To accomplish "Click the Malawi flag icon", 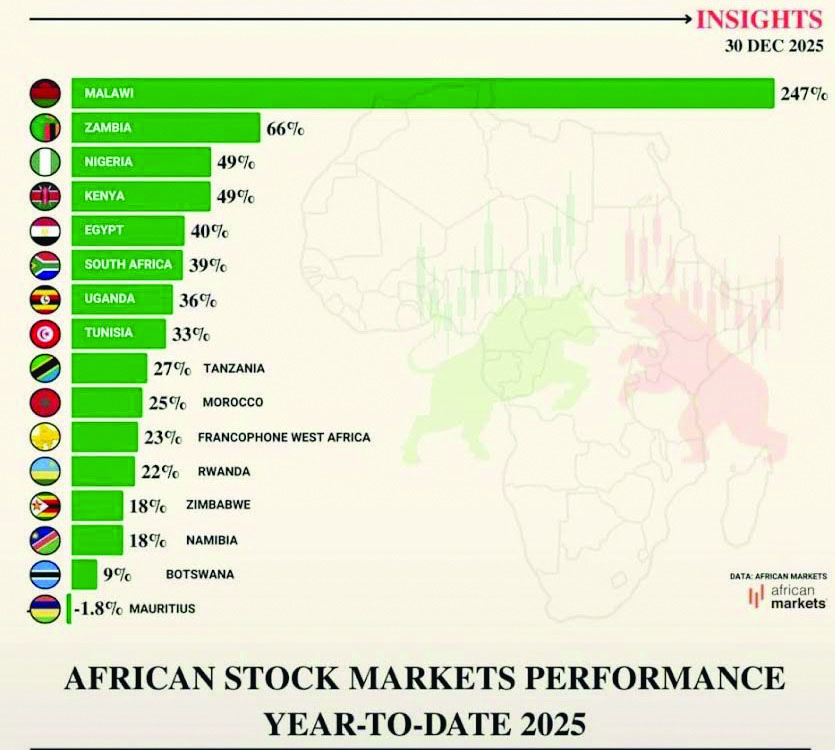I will pos(45,93).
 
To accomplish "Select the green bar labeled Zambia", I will pos(165,128).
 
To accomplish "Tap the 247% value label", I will pos(804,94).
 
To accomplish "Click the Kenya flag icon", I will pos(45,196).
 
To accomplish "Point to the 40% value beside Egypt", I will pos(209,231).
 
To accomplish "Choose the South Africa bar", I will pos(127,265).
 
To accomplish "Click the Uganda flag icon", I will pos(45,299).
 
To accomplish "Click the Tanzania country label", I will pos(234,368).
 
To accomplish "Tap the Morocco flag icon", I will pos(45,402).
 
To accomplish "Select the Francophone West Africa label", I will pos(284,437).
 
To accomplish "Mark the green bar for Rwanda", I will pos(103,471).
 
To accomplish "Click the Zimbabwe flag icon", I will pos(45,505).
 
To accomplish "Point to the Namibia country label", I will pos(213,540).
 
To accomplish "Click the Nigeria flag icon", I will pos(45,162).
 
